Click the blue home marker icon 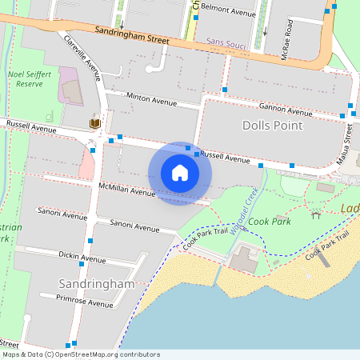tap(180, 173)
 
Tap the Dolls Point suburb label tap(272, 126)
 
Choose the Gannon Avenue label tap(285, 109)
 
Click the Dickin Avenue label tap(82, 257)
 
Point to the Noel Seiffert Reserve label tap(30, 78)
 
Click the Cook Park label tap(269, 221)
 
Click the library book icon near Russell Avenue tap(94, 124)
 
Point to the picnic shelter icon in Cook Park tap(316, 214)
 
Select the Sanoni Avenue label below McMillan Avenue tap(134, 226)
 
